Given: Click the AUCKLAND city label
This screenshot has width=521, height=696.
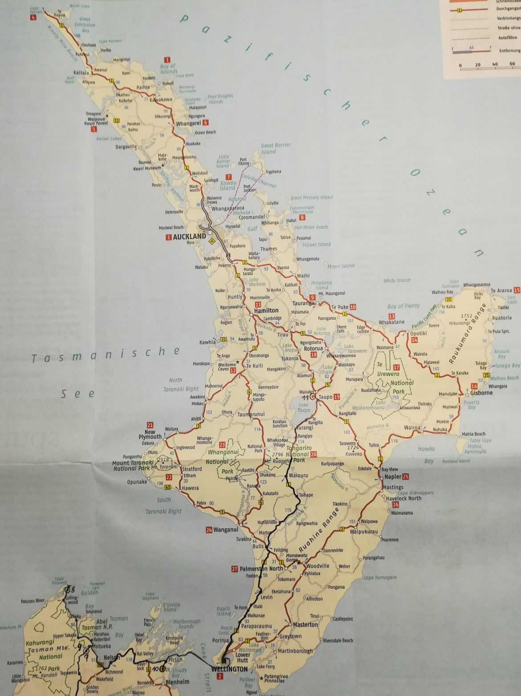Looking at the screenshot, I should pyautogui.click(x=190, y=236).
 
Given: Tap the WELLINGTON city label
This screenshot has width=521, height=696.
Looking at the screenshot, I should pyautogui.click(x=230, y=669).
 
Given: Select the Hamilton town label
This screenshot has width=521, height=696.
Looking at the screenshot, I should pyautogui.click(x=266, y=310).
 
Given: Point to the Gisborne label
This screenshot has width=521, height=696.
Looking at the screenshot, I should pyautogui.click(x=481, y=393).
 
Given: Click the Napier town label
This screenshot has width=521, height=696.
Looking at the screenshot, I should pyautogui.click(x=393, y=476).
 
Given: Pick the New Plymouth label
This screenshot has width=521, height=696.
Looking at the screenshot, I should pyautogui.click(x=150, y=434).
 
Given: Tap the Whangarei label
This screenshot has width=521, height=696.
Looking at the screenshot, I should pyautogui.click(x=189, y=123).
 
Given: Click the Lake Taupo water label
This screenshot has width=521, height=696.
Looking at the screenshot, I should pyautogui.click(x=304, y=407).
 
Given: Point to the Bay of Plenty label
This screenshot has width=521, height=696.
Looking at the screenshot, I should pyautogui.click(x=403, y=306).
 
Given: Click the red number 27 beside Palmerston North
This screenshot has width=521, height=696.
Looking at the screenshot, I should pyautogui.click(x=235, y=569).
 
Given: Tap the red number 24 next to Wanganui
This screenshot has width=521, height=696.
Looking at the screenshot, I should pyautogui.click(x=209, y=530).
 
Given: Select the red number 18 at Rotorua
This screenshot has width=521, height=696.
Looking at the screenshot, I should pyautogui.click(x=313, y=354).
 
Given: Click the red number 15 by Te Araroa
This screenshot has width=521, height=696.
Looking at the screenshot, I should pyautogui.click(x=517, y=290).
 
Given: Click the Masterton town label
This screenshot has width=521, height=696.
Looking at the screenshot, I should pyautogui.click(x=305, y=624).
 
